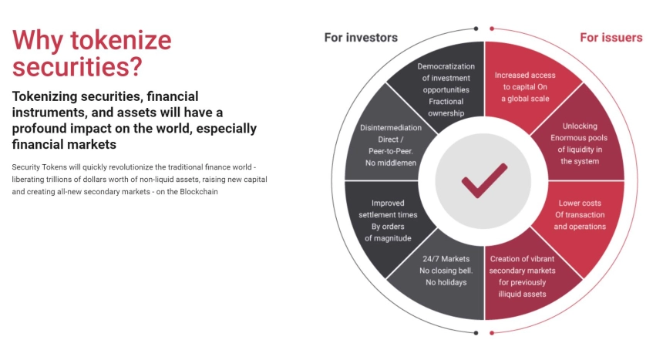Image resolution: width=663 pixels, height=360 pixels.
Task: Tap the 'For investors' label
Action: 361,38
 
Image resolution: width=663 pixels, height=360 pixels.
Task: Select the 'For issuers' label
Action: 611,38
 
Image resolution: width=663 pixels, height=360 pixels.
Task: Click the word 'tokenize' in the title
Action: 121,40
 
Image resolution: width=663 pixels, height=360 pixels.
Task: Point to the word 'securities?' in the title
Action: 77,67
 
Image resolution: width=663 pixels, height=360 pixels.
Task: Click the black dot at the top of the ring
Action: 476,29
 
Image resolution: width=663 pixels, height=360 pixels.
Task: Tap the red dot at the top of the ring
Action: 492,29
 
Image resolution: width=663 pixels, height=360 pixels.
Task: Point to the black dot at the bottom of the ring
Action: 476,333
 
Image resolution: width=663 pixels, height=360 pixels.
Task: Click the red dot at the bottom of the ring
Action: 492,333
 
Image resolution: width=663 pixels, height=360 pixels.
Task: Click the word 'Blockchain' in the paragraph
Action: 199,192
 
